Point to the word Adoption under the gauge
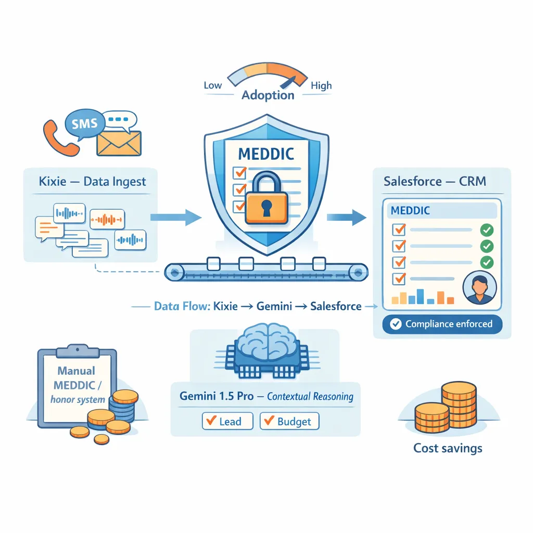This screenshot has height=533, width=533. [x=268, y=95]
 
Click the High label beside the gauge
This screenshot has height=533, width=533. [x=321, y=85]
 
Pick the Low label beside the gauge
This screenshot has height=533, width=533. [x=212, y=85]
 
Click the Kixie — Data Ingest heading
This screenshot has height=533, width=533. [x=92, y=182]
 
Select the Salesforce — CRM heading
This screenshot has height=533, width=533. [x=435, y=182]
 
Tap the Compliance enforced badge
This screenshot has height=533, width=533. [x=442, y=324]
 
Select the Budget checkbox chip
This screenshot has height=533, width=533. [x=289, y=421]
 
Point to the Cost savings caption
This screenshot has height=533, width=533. [x=448, y=448]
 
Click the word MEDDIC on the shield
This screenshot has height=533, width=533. [x=265, y=154]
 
